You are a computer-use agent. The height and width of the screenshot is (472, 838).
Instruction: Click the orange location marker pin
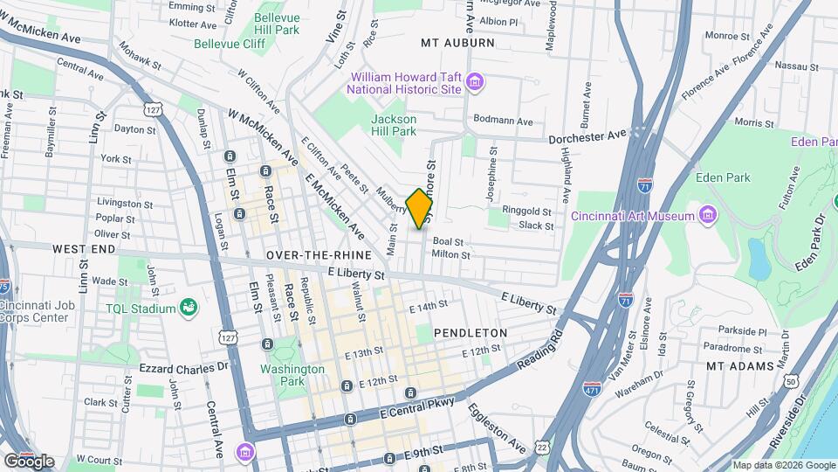pyautogui.click(x=420, y=208)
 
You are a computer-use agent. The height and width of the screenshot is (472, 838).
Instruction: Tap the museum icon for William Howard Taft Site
pyautogui.click(x=475, y=83)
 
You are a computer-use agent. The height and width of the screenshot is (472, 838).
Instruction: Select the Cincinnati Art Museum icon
pyautogui.click(x=708, y=215)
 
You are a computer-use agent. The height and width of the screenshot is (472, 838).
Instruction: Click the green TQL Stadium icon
pyautogui.click(x=187, y=307)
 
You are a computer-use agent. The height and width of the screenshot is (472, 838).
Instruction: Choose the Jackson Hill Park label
pyautogui.click(x=394, y=125)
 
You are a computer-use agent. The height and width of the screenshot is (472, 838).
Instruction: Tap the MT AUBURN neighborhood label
pyautogui.click(x=457, y=42)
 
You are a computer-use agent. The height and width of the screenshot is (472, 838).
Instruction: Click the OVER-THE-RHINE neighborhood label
pyautogui.click(x=319, y=254)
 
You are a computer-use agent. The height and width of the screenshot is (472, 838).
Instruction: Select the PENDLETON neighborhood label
pyautogui.click(x=471, y=333)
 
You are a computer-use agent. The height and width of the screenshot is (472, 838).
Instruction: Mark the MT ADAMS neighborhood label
pyautogui.click(x=739, y=365)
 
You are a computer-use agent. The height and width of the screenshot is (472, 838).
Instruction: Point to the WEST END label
pyautogui.click(x=84, y=249)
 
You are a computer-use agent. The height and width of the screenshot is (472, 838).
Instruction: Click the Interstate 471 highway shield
pyautogui.click(x=592, y=386)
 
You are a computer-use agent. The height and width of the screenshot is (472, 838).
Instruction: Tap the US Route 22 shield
pyautogui.click(x=543, y=447)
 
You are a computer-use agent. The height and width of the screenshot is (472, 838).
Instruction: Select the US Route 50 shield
pyautogui.click(x=791, y=381)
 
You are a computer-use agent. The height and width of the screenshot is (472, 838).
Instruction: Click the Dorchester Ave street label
pyautogui.click(x=587, y=137)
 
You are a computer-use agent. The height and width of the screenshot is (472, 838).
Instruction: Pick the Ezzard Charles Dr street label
pyautogui.click(x=183, y=368)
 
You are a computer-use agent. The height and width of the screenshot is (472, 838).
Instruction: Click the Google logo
pyautogui.click(x=29, y=461)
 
